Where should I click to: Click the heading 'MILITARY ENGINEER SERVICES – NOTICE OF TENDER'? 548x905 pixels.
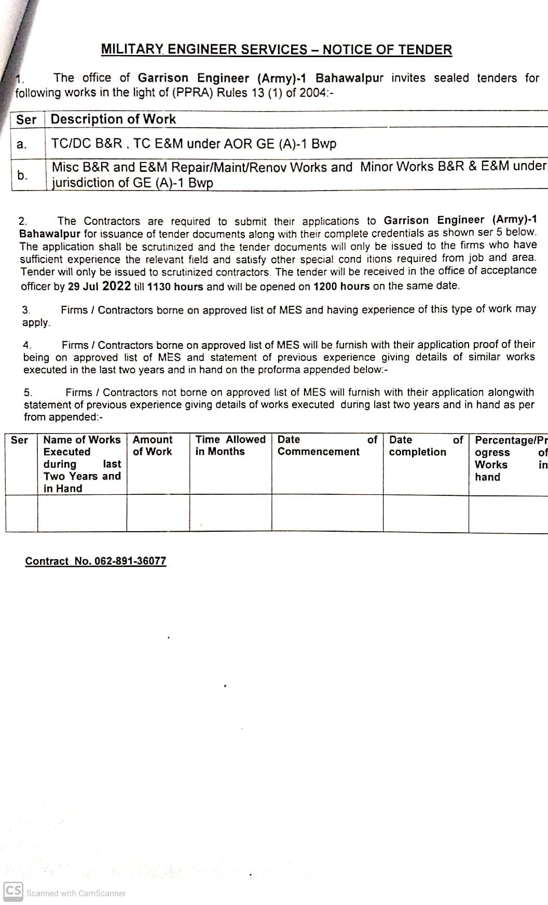pos(276,50)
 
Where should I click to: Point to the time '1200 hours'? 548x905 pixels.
pos(341,286)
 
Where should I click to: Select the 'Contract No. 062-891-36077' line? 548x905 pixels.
pos(95,561)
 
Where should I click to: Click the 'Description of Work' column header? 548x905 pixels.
pos(113,119)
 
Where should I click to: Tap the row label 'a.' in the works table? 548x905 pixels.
pos(21,144)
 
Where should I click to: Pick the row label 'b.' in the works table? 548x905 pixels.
pos(22,175)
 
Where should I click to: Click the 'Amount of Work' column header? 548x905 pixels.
pos(153,445)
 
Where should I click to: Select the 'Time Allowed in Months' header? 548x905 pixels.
pos(230,445)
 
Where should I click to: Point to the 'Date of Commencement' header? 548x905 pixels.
pos(327,445)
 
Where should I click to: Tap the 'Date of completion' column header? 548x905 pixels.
pos(426,445)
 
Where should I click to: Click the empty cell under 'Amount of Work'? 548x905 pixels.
pos(158,514)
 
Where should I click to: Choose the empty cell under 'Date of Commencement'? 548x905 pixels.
pos(327,514)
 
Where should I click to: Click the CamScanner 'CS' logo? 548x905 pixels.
pos(13,890)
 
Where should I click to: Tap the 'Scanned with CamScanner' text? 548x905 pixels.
pos(76,893)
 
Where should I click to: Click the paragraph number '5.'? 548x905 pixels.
pos(28,393)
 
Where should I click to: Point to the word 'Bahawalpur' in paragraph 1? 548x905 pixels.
pos(349,78)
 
